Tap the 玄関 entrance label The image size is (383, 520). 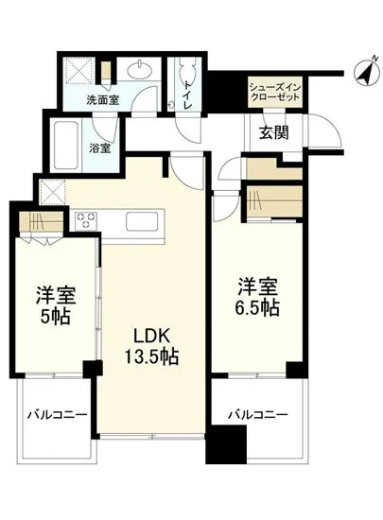coord(273,133)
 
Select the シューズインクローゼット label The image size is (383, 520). coord(274,92)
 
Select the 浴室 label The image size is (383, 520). coord(100,148)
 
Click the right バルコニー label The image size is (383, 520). coord(257,414)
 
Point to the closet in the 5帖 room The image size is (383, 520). coord(42,225)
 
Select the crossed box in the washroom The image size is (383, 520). coord(81,71)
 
